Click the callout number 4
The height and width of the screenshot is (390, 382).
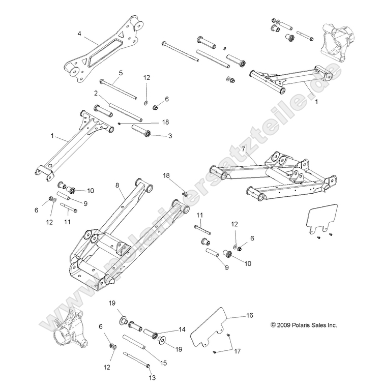tap(79, 34)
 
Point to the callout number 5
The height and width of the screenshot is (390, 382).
tap(121, 73)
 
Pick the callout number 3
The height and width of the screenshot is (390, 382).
tap(170, 136)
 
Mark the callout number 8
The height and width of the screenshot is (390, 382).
tap(117, 186)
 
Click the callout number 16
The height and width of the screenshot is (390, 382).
tap(249, 316)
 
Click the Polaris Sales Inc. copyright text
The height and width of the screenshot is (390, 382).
tap(304, 325)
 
